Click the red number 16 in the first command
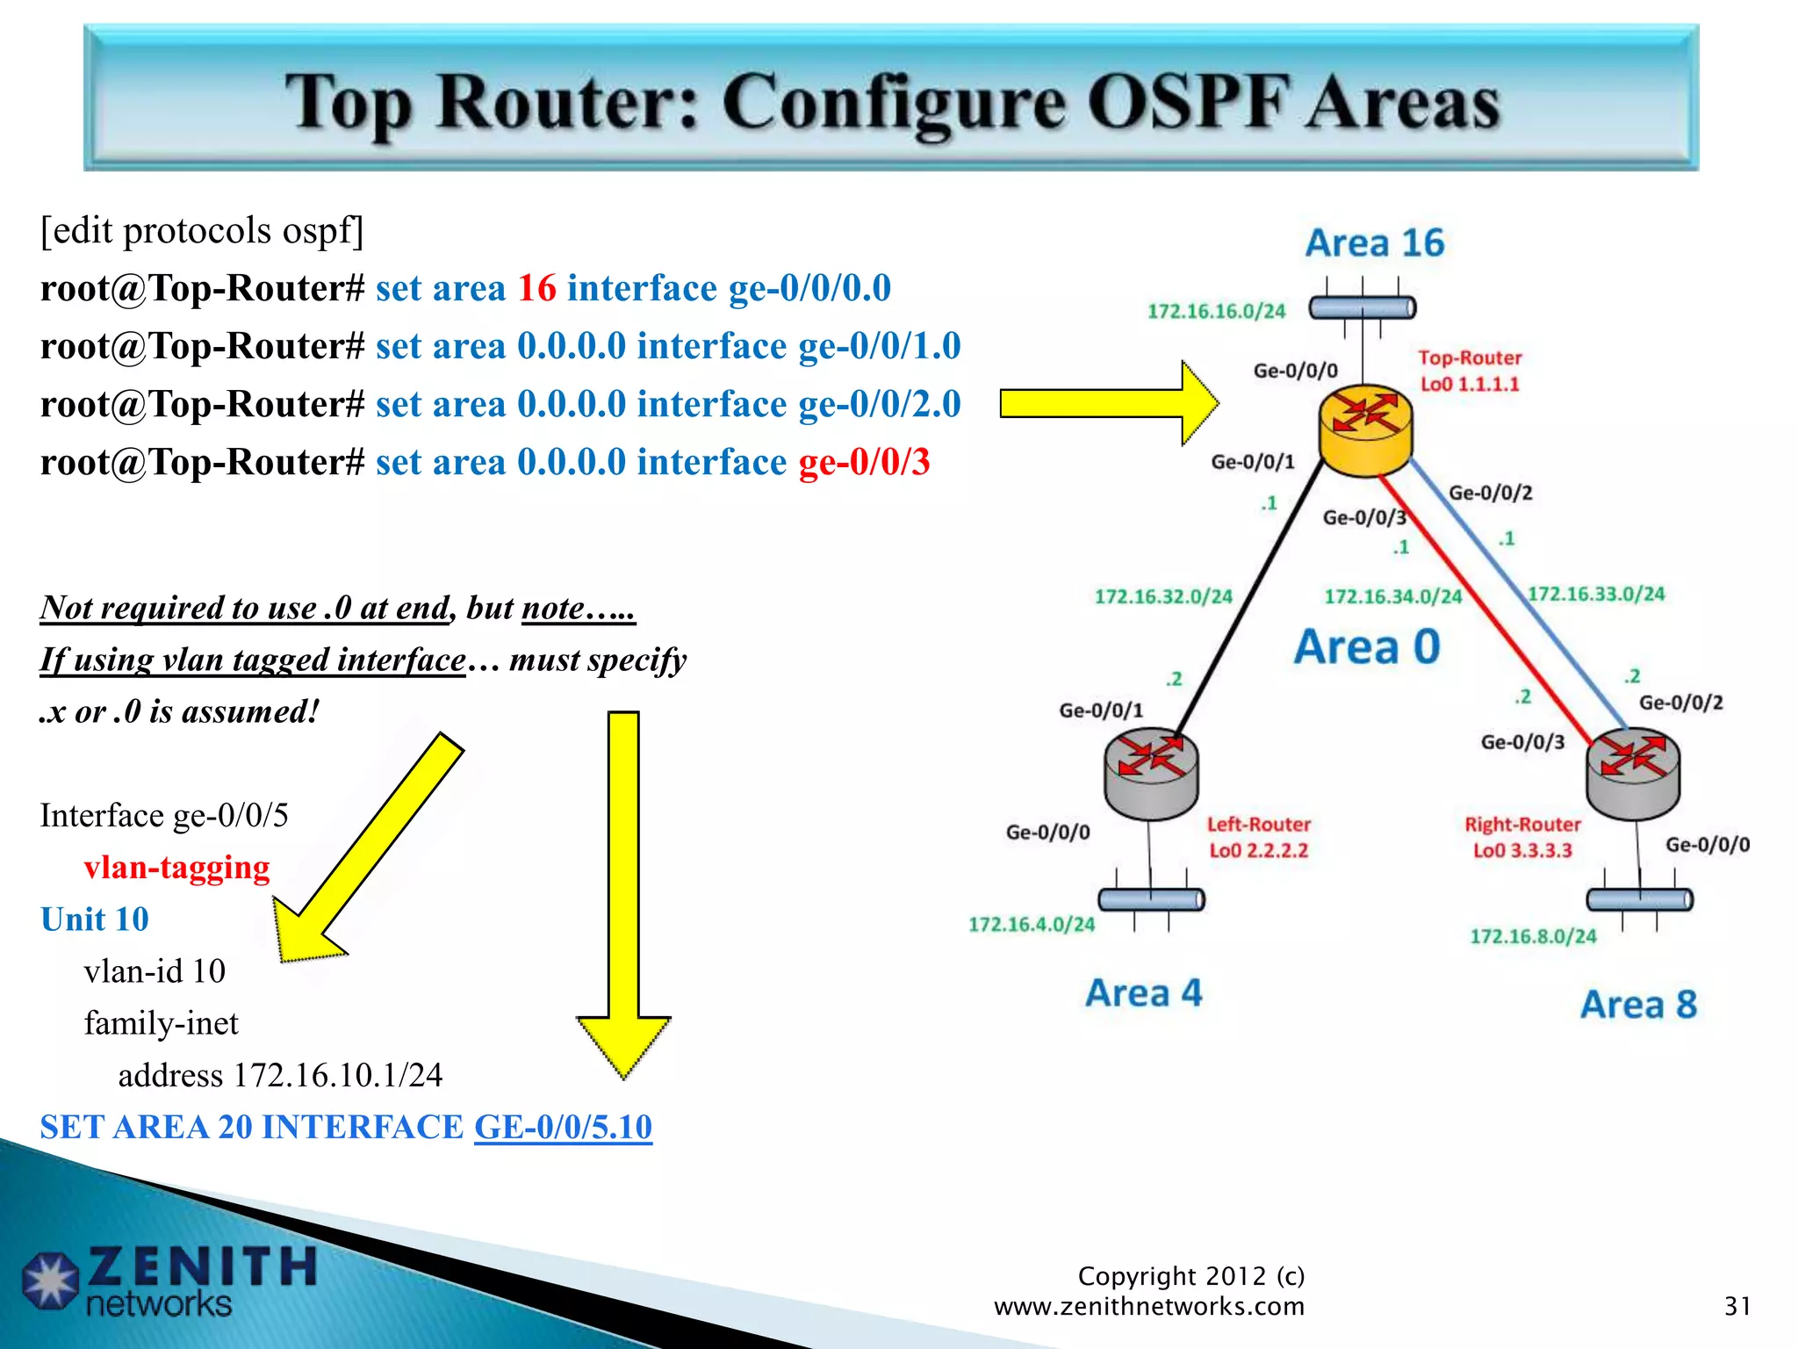(536, 288)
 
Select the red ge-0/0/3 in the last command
(864, 462)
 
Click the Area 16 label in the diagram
(1374, 243)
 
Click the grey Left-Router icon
(1151, 773)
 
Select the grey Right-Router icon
(1632, 773)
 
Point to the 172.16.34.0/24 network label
(1392, 597)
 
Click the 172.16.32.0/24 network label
(1163, 597)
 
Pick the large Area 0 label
(1367, 647)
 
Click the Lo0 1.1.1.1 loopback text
(1469, 385)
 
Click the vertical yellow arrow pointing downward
(623, 887)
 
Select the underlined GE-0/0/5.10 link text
(563, 1127)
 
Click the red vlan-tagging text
(176, 868)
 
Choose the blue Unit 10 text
(95, 920)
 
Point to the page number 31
(1737, 1306)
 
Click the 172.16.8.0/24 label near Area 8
(1533, 936)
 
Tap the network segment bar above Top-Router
(1362, 307)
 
